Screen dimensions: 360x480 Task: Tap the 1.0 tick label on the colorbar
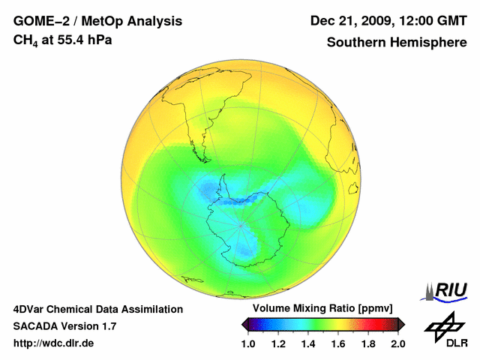[248, 343]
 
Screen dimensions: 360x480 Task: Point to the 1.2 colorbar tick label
[278, 343]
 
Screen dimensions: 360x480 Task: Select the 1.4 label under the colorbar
[308, 343]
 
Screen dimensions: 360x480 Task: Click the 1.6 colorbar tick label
[338, 343]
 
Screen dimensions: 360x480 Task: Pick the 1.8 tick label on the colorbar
[368, 343]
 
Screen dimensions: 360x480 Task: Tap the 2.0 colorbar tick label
[397, 343]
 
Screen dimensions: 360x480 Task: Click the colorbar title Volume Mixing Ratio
[322, 309]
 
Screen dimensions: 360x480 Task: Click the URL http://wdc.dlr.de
[54, 343]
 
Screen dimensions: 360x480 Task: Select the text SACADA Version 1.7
[64, 326]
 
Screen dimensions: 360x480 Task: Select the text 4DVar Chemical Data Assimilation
[98, 309]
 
